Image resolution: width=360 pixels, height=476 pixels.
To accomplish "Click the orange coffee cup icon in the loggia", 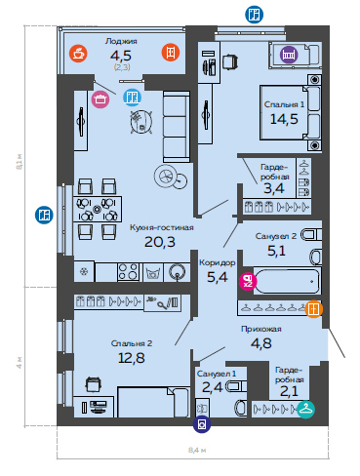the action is (x=78, y=53).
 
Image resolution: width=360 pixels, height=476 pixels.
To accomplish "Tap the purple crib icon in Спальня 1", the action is (x=289, y=54).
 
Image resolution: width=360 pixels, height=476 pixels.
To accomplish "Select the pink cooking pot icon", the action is (x=100, y=99).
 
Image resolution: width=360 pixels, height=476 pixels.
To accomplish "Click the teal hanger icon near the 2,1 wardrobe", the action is (x=305, y=410).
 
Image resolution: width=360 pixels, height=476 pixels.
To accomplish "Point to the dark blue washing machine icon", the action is (x=202, y=424).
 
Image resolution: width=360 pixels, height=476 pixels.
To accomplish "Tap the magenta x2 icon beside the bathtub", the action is (x=248, y=281).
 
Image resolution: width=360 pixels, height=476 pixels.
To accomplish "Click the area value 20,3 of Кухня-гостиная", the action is (x=160, y=242).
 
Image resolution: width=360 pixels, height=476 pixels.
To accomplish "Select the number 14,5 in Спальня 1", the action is (x=284, y=119).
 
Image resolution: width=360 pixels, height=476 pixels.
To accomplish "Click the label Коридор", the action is (x=218, y=262).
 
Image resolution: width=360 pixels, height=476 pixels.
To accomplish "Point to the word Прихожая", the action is (x=261, y=329).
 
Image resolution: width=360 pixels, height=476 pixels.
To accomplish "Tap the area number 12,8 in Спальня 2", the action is (x=132, y=358).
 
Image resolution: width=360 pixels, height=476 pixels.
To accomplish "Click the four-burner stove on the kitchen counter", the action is (x=129, y=271).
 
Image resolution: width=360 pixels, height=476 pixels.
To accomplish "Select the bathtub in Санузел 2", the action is (x=287, y=281).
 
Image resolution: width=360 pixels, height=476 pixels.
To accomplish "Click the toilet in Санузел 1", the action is (x=241, y=408).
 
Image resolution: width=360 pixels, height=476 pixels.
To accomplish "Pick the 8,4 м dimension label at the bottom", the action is (x=197, y=451).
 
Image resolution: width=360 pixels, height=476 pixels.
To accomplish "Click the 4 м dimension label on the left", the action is (x=20, y=362).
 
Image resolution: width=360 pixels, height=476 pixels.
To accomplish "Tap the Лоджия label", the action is (x=121, y=41).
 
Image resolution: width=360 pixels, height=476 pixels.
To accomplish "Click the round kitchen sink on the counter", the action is (x=178, y=272).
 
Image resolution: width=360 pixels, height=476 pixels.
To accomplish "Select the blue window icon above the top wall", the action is (x=254, y=15).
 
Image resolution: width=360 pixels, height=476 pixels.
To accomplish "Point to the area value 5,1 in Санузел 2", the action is (x=276, y=251).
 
